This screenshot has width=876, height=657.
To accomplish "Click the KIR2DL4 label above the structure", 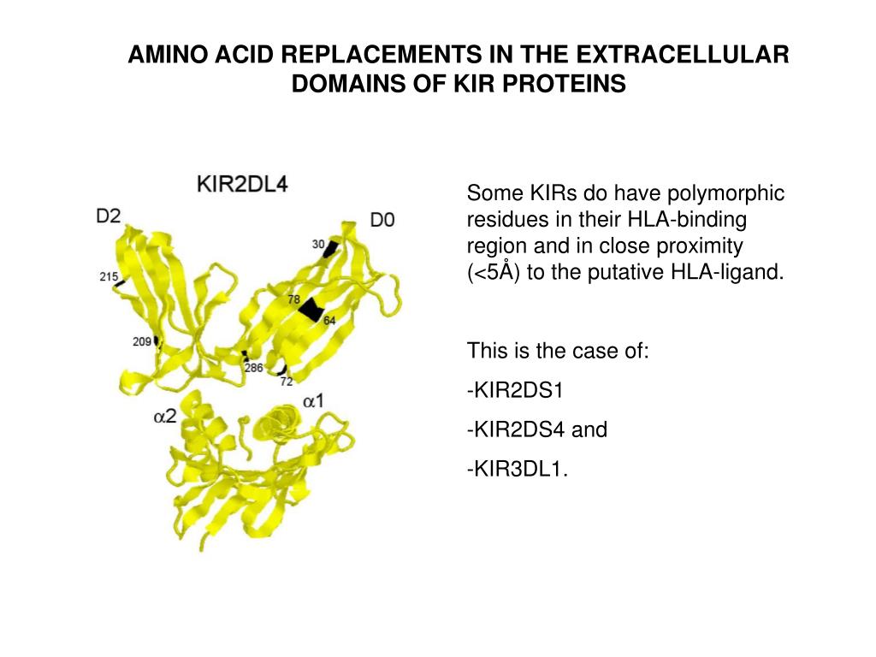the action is click(242, 184).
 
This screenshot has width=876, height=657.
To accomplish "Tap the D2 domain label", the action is click(109, 216).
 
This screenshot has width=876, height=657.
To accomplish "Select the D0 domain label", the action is click(382, 220).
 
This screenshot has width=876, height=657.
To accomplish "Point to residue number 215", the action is click(109, 276).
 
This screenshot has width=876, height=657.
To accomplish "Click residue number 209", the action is click(142, 342).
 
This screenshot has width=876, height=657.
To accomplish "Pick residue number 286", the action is click(253, 368).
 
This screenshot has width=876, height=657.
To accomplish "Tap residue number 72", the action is click(286, 381).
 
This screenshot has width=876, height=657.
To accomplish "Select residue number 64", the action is click(329, 320).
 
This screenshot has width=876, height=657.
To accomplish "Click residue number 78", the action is click(293, 300).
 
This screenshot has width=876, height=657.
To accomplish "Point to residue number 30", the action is click(318, 245).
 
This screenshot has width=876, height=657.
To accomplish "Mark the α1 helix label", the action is click(314, 400).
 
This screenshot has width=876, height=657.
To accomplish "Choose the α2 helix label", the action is click(165, 416).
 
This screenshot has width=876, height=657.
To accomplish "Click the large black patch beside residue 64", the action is click(312, 311).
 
